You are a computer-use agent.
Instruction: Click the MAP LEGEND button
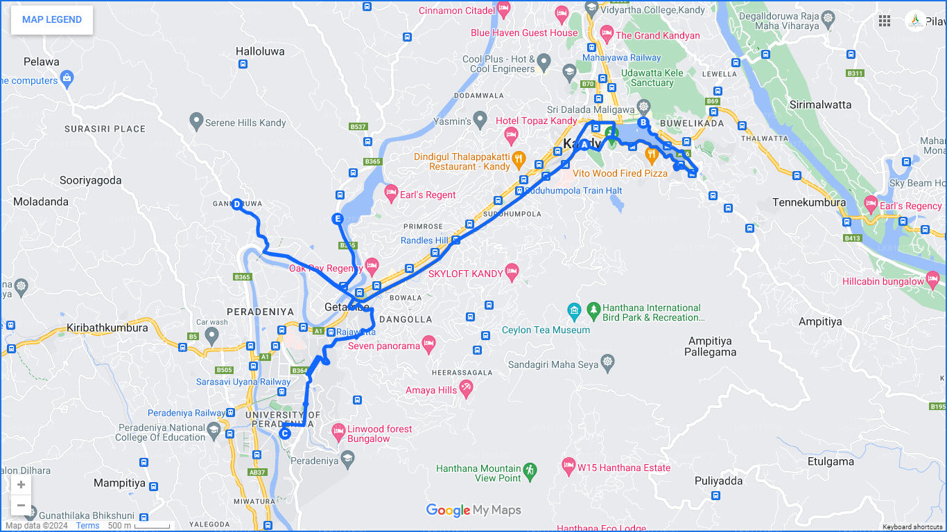[52, 20]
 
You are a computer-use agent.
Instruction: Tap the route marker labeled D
[237, 204]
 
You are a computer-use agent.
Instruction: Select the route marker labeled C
[284, 434]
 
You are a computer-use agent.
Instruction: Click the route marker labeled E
[338, 220]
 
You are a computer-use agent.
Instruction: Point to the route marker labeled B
[643, 123]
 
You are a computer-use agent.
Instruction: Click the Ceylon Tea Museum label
[546, 330]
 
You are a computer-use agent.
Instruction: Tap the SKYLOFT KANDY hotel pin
[512, 272]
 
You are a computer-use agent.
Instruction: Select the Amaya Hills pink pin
[466, 389]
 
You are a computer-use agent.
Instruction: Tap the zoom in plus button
[21, 485]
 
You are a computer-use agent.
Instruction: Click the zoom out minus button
[21, 505]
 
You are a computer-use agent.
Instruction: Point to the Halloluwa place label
[260, 51]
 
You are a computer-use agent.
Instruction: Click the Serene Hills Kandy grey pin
[196, 121]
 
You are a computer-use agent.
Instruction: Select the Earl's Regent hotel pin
[391, 193]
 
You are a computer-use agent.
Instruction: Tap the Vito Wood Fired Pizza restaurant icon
[652, 154]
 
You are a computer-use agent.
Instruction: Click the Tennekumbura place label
[809, 203]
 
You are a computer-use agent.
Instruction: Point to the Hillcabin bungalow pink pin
[932, 280]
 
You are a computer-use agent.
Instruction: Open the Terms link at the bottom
[88, 526]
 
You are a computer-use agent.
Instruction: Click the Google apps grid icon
[885, 21]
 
